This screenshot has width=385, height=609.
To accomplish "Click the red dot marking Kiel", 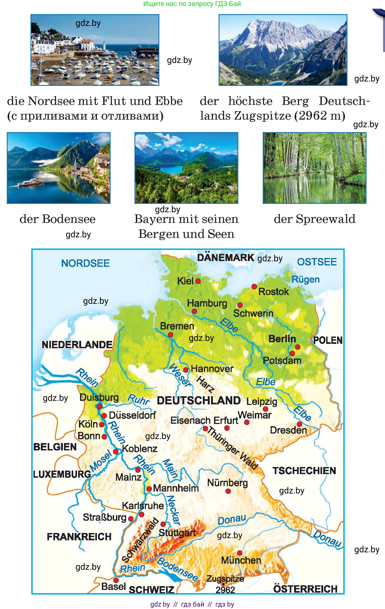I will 198,281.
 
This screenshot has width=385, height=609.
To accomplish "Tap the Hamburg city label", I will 207,303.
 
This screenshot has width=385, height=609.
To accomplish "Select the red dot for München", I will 240,553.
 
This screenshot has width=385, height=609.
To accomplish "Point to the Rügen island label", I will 305,279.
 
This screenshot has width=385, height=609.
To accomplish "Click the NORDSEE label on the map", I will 85,263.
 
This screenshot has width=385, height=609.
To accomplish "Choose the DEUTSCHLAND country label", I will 199,401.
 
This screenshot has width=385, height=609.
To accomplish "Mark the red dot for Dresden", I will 299,424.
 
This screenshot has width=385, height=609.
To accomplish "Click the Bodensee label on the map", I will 177,569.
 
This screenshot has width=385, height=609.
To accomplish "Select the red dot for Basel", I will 116,580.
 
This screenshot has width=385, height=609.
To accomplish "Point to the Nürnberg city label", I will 227,483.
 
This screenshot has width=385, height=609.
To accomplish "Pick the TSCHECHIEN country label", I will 304,471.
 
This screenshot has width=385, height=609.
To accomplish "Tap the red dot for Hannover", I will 186,370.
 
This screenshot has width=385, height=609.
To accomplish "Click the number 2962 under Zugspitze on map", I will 225,590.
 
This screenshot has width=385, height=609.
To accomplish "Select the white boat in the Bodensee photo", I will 30,182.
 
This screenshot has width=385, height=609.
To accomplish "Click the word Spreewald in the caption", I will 326,219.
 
